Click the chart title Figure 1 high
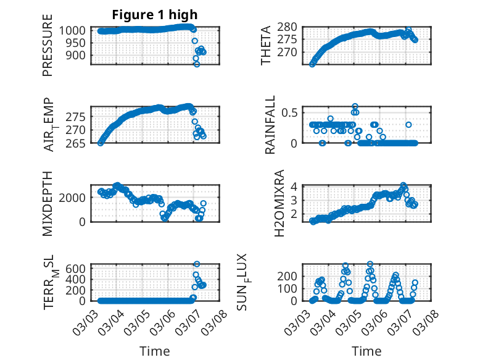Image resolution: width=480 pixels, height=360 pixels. (155, 15)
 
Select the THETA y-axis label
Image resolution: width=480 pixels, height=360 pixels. (266, 46)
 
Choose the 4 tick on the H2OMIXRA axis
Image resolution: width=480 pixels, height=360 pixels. (295, 186)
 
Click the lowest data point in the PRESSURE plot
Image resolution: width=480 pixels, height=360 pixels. (197, 64)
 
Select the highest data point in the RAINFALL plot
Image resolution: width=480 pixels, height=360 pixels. (355, 106)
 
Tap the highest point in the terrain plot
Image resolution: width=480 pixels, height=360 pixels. (197, 264)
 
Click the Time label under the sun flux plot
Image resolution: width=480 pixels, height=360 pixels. (366, 351)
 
